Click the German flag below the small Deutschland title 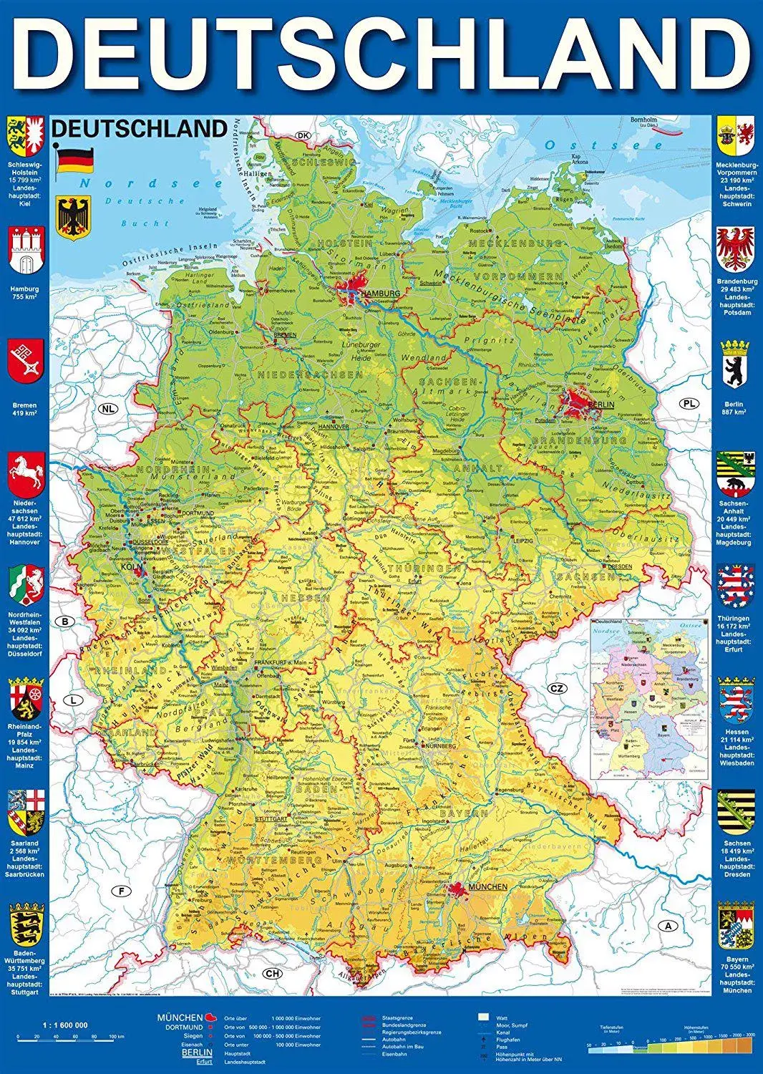click(x=75, y=160)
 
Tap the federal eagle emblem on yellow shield click(x=74, y=218)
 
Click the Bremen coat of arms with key click(x=26, y=362)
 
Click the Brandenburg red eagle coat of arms click(x=737, y=248)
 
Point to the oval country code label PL click(x=689, y=404)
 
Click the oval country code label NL click(x=107, y=409)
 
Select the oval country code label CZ click(x=557, y=689)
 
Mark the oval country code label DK click(x=303, y=136)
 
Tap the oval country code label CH click(x=273, y=973)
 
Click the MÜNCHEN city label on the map click(x=487, y=887)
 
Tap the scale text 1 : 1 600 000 click(x=65, y=1025)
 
